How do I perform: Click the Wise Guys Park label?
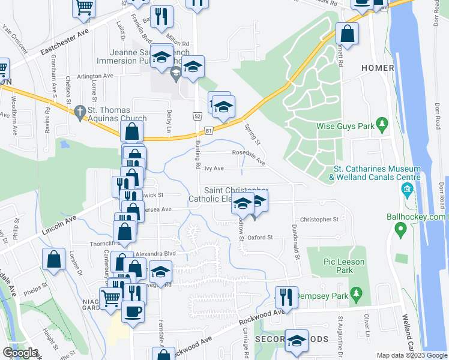pyautogui.click(x=345, y=127)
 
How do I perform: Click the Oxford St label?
pyautogui.click(x=261, y=237)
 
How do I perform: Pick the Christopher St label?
pyautogui.click(x=319, y=220)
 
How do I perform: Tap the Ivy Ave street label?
pyautogui.click(x=214, y=169)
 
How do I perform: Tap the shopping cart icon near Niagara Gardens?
pyautogui.click(x=110, y=296)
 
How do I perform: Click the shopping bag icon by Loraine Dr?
pyautogui.click(x=53, y=259)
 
